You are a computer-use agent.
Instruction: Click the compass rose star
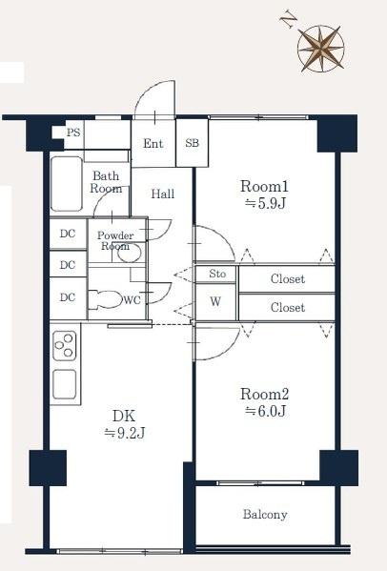click(x=320, y=48)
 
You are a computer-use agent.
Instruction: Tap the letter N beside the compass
click(x=288, y=21)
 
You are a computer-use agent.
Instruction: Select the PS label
click(x=73, y=133)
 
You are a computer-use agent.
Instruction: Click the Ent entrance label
click(x=153, y=144)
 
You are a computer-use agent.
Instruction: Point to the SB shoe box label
click(x=193, y=143)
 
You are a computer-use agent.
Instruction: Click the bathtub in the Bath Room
click(x=67, y=184)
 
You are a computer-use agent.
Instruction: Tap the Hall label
click(x=163, y=194)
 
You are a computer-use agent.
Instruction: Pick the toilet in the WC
click(x=106, y=299)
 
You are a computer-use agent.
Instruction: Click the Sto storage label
click(x=217, y=274)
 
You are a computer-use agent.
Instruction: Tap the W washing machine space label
click(x=215, y=301)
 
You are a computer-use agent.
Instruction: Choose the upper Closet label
click(x=288, y=279)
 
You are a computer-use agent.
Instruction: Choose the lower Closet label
click(x=288, y=308)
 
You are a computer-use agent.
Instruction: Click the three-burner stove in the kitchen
click(x=65, y=346)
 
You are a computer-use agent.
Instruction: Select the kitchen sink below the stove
click(x=65, y=384)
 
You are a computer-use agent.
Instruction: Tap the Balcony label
click(x=265, y=514)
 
